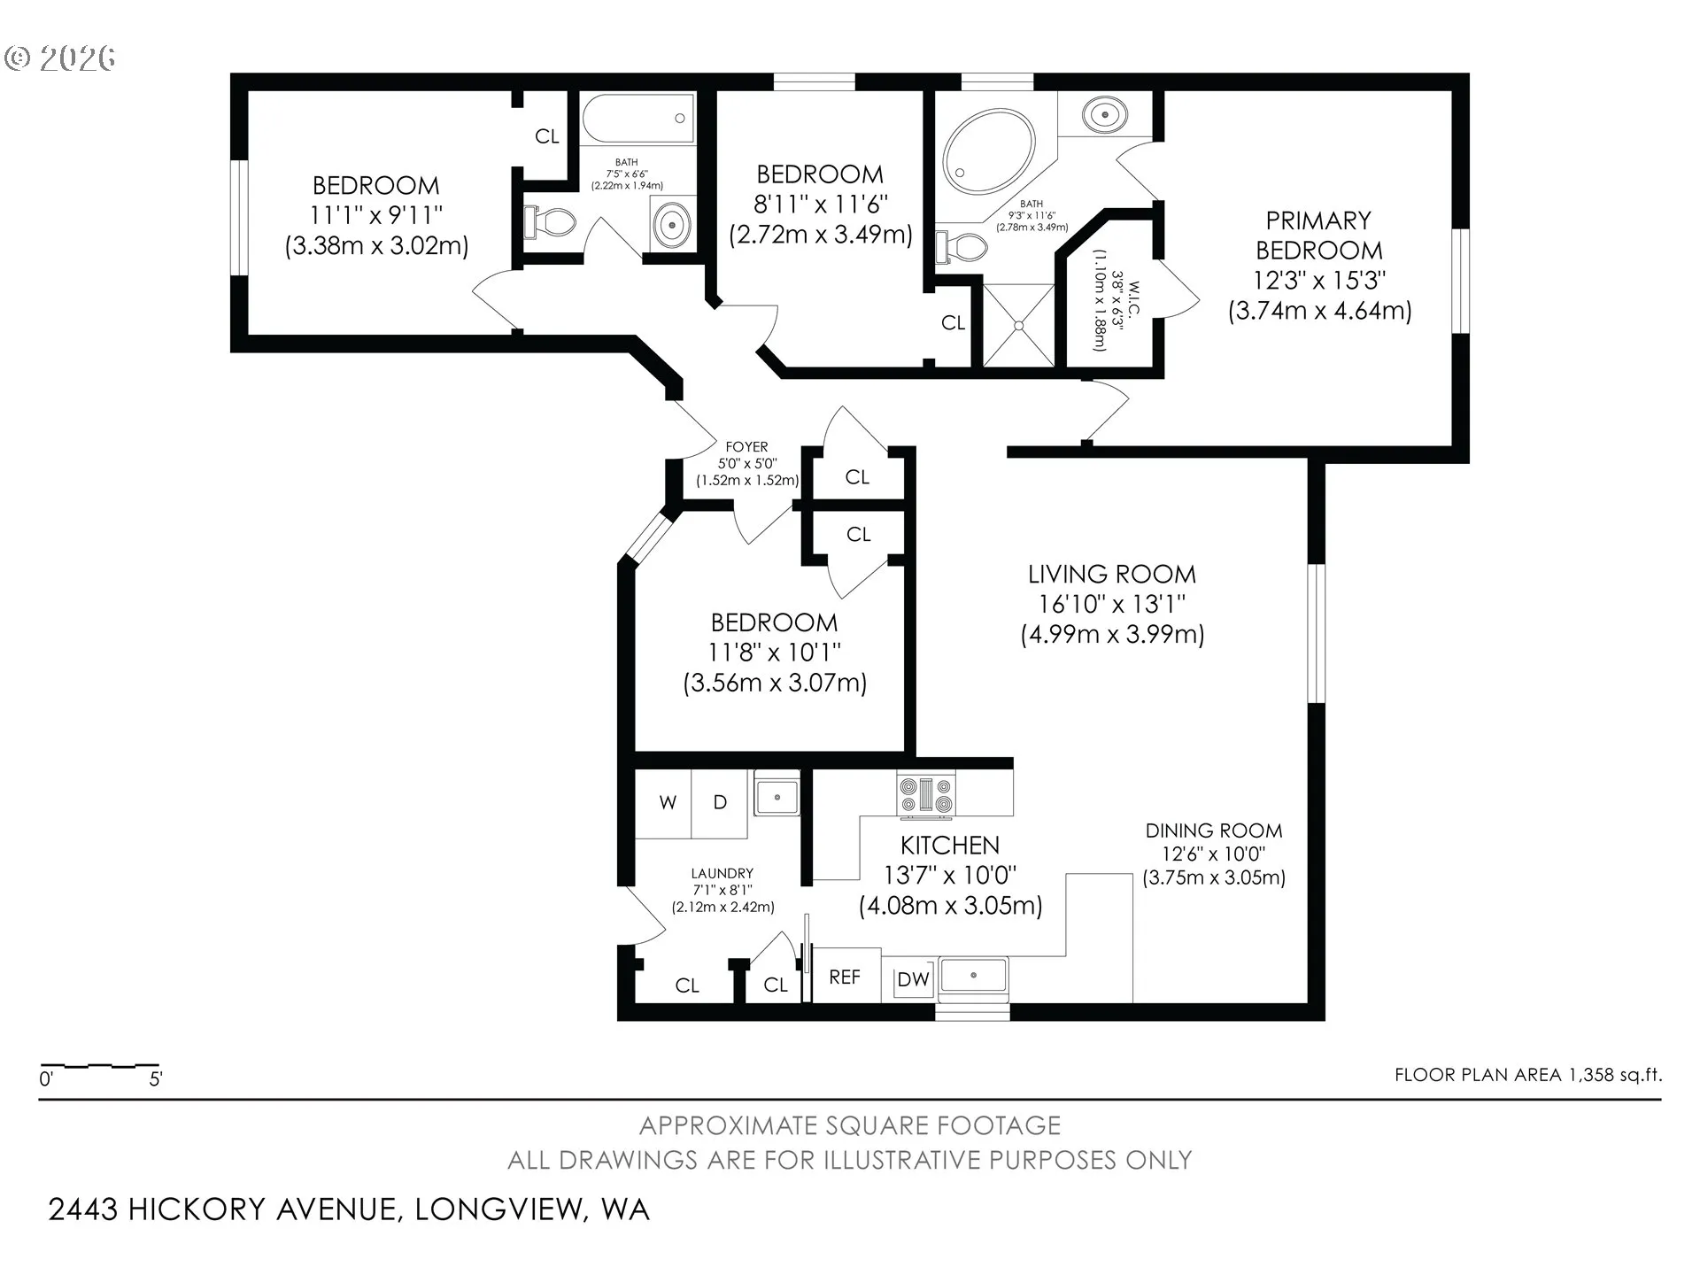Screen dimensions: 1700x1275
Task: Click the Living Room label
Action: [1112, 574]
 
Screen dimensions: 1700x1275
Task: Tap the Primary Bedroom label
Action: [1318, 236]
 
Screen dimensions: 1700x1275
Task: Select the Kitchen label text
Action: [950, 846]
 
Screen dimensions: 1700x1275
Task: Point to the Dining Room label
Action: [1214, 831]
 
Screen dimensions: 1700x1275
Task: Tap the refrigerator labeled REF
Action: [846, 976]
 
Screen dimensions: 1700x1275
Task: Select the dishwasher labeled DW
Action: [913, 979]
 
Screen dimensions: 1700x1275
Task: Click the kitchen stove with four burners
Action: [927, 793]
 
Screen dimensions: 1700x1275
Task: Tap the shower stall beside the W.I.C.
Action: [1019, 324]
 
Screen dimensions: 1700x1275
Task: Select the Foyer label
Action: [746, 447]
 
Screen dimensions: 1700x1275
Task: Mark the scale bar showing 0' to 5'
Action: [100, 1066]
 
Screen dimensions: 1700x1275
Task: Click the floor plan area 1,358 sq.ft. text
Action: [1528, 1075]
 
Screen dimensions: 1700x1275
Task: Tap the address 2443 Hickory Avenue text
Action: [349, 1209]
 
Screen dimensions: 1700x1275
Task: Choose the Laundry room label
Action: [722, 874]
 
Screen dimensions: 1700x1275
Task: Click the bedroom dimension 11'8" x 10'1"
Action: [775, 653]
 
